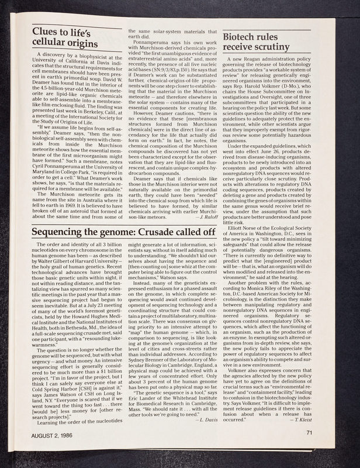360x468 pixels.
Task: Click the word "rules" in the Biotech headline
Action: coord(275,36)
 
